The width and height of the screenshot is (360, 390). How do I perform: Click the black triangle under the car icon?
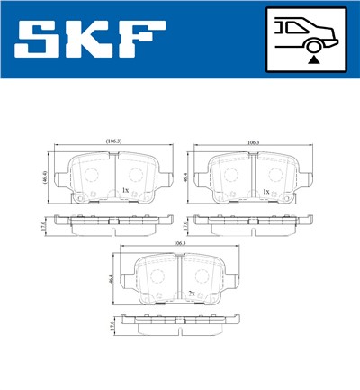(311, 59)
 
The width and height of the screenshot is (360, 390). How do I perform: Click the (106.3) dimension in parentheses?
(113, 141)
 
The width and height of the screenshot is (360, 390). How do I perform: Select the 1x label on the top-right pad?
(265, 192)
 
